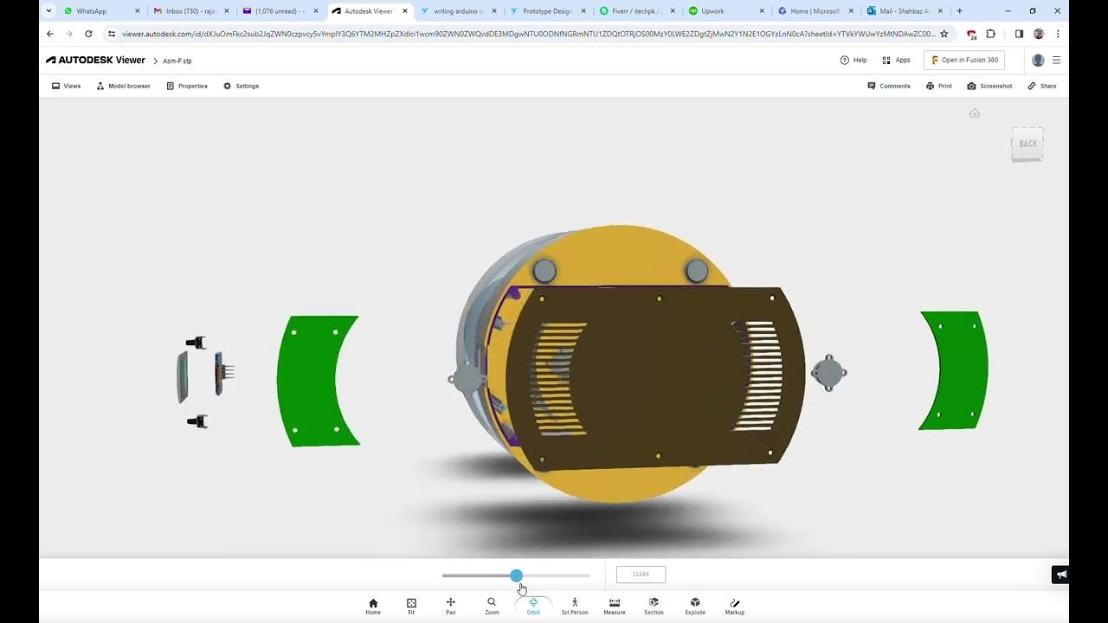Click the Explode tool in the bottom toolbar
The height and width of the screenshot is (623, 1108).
point(695,606)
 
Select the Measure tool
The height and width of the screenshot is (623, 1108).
point(614,606)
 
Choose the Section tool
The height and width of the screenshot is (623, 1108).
point(654,606)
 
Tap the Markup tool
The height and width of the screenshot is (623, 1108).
point(734,606)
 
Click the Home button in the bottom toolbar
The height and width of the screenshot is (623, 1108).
point(373,606)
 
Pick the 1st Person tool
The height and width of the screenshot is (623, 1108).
point(574,606)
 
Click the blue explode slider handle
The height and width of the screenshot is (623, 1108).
point(517,575)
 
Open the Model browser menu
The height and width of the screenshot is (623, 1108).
point(123,86)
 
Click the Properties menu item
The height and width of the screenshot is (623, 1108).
point(187,86)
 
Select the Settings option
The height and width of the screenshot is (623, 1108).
point(242,86)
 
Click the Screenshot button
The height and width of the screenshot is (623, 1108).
point(989,86)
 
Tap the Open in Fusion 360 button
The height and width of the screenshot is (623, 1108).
point(964,60)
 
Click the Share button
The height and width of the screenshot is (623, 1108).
point(1042,86)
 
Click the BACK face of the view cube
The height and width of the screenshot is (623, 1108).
point(1027,144)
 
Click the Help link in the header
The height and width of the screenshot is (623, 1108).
point(854,60)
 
